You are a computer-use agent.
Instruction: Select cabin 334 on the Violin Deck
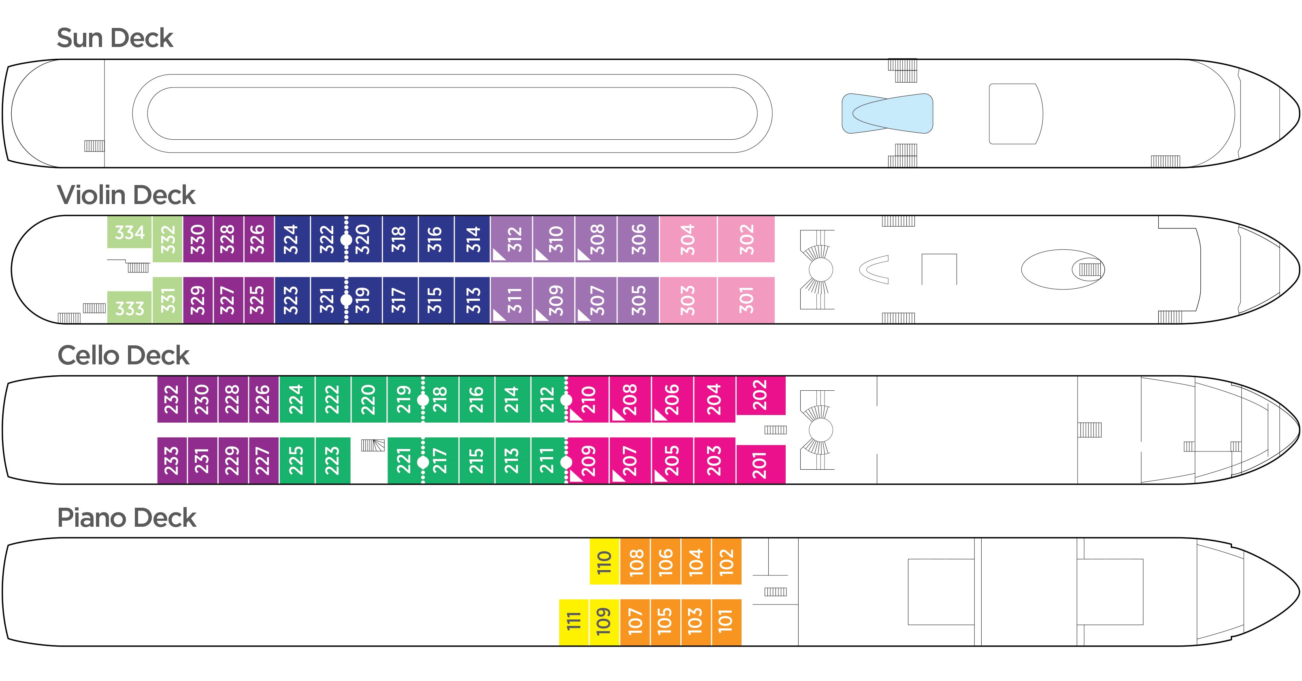[x=130, y=232]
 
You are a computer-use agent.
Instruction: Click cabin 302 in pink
[x=746, y=239]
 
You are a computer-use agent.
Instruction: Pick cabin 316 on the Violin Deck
[x=435, y=239]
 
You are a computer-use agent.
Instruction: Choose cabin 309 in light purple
[x=554, y=300]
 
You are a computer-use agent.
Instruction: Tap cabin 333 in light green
[x=130, y=308]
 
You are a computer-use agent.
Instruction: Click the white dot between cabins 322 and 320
[x=346, y=239]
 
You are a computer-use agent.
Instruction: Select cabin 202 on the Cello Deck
[x=761, y=395]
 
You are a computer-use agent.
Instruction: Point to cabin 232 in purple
[x=172, y=399]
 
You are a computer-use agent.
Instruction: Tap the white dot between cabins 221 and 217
[x=423, y=462]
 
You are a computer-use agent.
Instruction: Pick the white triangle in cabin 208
[x=617, y=415]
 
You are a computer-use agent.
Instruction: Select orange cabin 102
[x=726, y=561]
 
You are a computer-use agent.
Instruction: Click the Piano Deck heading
[x=126, y=518]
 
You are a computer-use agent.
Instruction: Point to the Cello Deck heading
[x=124, y=355]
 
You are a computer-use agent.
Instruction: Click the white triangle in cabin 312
[x=499, y=255]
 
